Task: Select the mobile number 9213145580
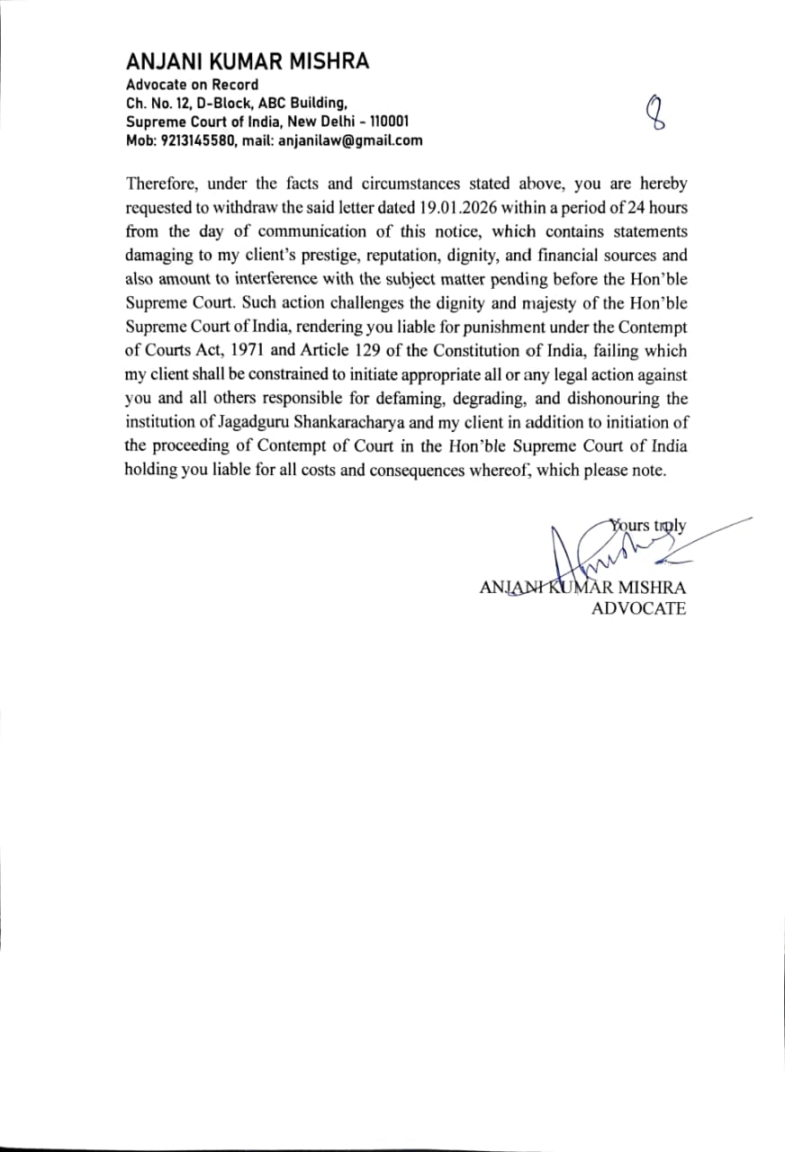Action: (x=195, y=140)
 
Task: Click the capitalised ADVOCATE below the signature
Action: (x=638, y=609)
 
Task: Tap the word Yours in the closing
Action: (x=630, y=526)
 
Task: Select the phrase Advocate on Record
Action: (x=192, y=85)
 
